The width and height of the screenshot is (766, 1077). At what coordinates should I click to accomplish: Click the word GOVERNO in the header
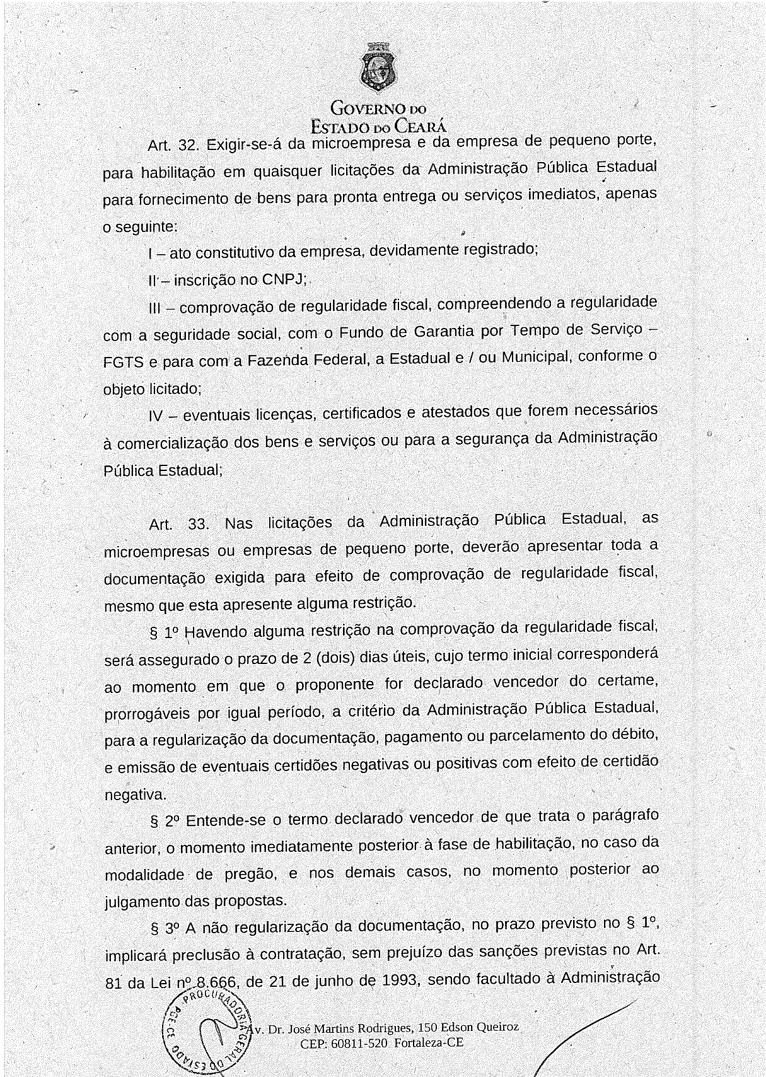click(x=368, y=108)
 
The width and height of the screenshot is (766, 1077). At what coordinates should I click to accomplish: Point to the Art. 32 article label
click(x=172, y=146)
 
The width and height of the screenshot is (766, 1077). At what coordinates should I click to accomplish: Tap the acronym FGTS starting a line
click(x=124, y=363)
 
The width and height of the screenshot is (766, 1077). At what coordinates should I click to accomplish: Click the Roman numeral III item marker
click(x=155, y=308)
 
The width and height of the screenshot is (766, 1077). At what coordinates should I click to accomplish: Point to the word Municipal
click(x=536, y=357)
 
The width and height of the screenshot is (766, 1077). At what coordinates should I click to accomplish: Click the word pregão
click(x=251, y=874)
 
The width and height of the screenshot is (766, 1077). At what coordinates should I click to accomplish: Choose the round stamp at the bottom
click(x=209, y=1032)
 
